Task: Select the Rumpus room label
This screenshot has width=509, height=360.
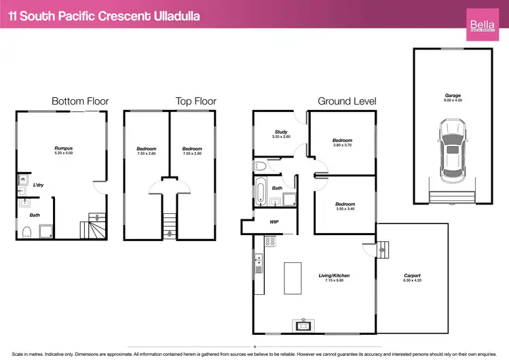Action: pos(64,147)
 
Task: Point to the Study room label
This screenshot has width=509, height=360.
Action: pos(281,132)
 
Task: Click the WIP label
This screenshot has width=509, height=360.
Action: pos(274,221)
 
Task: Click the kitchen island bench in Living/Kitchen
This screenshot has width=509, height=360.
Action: pos(293,278)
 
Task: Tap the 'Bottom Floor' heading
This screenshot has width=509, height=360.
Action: pos(80,101)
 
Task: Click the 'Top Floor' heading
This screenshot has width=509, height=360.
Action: pos(195,101)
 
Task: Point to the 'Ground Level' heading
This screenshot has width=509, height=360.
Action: pos(346,101)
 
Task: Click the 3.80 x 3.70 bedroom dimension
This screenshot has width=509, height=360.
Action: pos(343,145)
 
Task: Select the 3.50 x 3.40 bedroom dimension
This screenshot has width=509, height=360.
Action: pos(345,209)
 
